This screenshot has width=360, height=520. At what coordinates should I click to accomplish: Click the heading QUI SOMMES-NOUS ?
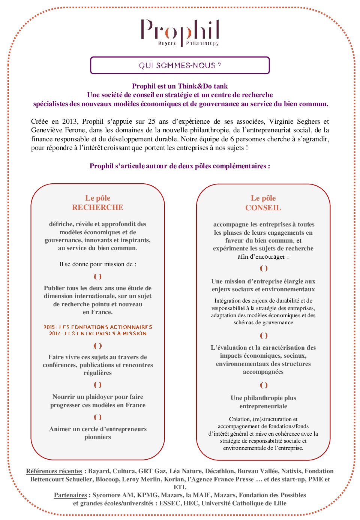tap(180, 65)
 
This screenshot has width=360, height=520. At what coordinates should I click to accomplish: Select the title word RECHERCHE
tap(97, 207)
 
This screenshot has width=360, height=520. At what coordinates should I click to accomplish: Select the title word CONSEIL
tap(263, 208)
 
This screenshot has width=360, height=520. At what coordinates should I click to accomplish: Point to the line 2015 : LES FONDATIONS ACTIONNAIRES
tap(97, 327)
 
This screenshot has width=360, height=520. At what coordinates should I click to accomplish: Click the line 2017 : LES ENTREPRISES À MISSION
tap(97, 333)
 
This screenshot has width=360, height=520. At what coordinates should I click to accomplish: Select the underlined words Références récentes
tap(54, 471)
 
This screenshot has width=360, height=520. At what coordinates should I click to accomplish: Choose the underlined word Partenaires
tap(70, 495)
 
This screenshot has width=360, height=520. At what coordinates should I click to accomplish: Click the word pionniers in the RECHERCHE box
tap(97, 437)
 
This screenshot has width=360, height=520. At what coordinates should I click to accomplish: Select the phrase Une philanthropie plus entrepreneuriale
tap(263, 402)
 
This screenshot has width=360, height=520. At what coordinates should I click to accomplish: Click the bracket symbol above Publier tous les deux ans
tap(97, 277)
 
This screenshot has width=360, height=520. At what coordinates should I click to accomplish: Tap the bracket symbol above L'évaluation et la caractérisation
tap(264, 336)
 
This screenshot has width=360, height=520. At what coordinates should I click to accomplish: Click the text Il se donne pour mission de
tap(97, 264)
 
